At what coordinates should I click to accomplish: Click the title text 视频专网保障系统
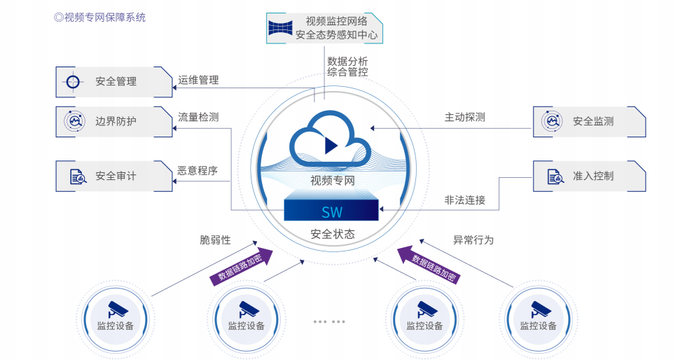pos(99,18)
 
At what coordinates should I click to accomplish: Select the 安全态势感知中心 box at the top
pos(326,28)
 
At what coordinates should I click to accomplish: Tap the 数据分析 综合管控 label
pos(347,67)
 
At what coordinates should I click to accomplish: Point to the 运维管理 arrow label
pos(198,81)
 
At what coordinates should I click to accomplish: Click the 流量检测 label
pos(198,117)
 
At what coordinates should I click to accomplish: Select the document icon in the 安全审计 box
pos(74,176)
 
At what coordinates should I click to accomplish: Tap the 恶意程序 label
pos(198,170)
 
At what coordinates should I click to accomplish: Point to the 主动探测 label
pos(464,117)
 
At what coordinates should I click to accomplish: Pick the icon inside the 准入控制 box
pos(553,176)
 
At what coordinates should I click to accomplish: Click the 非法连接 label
pos(464,200)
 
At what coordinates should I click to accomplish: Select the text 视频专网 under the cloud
pos(332,181)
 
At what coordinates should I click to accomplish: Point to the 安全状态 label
pos(332,235)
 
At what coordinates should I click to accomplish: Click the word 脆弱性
pos(215,240)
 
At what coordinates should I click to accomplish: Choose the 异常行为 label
pos(473,240)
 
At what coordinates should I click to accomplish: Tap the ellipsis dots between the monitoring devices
pos(329,322)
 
